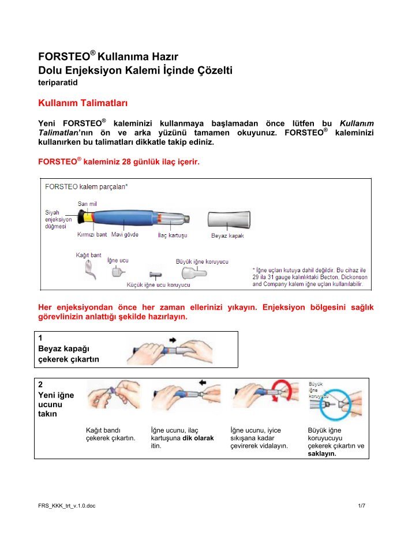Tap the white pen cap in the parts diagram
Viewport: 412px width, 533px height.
[x=229, y=220]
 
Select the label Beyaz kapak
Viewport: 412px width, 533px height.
[x=228, y=236]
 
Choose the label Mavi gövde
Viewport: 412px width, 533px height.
[x=125, y=235]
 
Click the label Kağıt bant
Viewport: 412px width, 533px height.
[x=88, y=254]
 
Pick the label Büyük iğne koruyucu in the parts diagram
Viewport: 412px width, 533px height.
[x=201, y=261]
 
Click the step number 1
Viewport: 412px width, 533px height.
[x=40, y=338]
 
